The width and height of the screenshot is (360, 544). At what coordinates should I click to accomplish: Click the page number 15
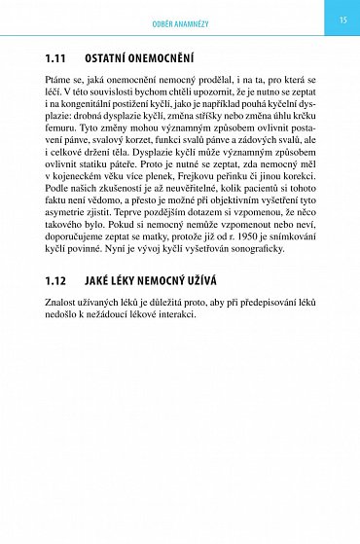(342, 19)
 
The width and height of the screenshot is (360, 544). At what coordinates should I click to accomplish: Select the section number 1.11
(56, 58)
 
